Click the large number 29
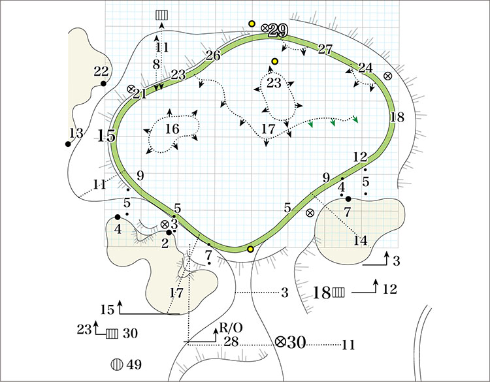coord(278,30)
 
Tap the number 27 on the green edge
coord(325,49)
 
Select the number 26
coord(213,55)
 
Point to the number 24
coord(365,67)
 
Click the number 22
coord(101,71)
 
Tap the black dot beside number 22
coord(103,84)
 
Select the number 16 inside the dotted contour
coord(172,129)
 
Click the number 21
coord(139,94)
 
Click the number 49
coord(135,364)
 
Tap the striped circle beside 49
coord(118,364)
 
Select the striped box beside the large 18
coord(338,292)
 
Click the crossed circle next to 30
coord(281,342)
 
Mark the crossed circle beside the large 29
coord(265,27)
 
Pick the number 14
coord(360,240)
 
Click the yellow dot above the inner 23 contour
coord(275,61)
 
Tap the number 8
coord(156,64)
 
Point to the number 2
coord(165,244)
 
